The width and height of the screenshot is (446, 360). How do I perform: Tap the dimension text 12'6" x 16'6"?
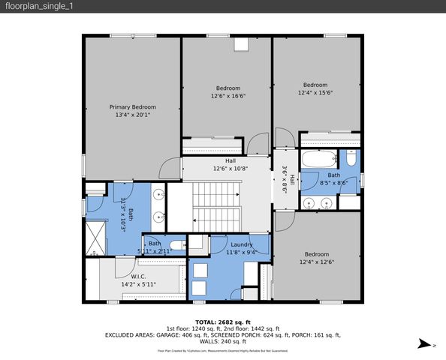(228, 96)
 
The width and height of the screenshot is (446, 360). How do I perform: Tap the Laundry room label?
(240, 244)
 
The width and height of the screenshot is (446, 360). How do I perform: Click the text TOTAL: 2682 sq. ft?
(222, 321)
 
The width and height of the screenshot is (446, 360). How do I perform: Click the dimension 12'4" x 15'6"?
(315, 92)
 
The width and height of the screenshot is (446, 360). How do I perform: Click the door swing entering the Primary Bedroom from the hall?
(170, 168)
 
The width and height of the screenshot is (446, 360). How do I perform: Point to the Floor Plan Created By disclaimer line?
(222, 350)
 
